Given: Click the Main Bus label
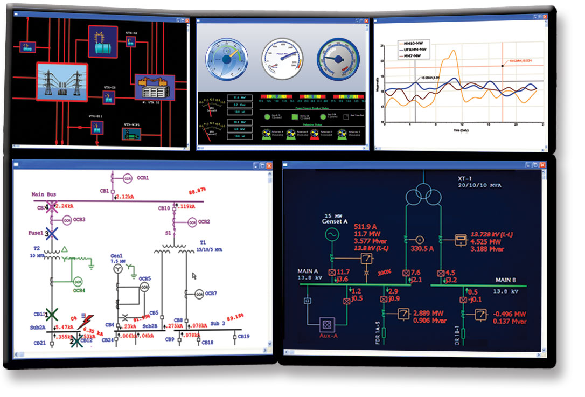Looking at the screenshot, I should click(x=44, y=194).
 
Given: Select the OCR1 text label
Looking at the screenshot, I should click(x=142, y=177).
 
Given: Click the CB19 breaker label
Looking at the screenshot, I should click(x=243, y=337).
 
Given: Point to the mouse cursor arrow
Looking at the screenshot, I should click(x=194, y=276).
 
